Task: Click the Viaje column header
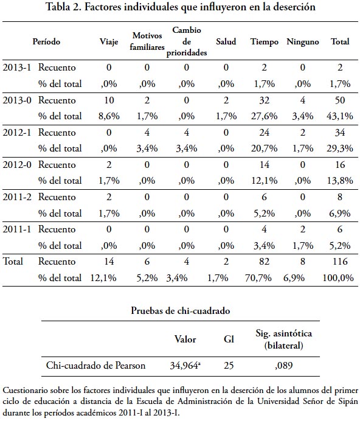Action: (x=109, y=42)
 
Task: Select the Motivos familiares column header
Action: (x=147, y=41)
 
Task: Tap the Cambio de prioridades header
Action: (x=187, y=41)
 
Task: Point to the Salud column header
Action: (x=226, y=41)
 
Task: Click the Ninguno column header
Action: (x=303, y=42)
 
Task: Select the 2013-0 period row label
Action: (x=17, y=100)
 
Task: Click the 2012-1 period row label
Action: (x=17, y=133)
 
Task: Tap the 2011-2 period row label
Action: (x=17, y=197)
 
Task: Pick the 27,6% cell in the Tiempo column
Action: (x=264, y=116)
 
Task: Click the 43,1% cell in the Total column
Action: (x=340, y=116)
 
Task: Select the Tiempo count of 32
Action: (x=264, y=100)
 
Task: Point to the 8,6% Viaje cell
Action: (x=109, y=116)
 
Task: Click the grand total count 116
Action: (x=340, y=261)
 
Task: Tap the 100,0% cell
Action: (x=338, y=277)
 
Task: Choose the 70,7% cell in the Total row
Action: (x=258, y=277)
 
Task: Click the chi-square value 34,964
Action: (x=185, y=366)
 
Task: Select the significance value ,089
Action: (x=283, y=366)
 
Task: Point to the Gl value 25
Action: (x=229, y=366)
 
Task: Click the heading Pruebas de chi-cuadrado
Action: (x=181, y=311)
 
